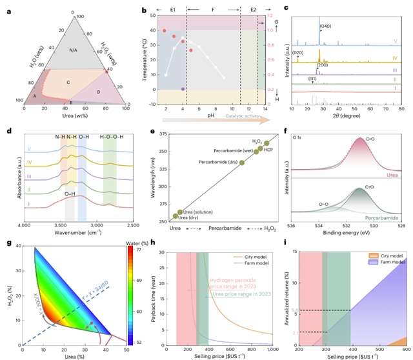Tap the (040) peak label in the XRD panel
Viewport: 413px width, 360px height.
(327, 26)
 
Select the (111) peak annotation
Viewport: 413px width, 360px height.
(312, 79)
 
